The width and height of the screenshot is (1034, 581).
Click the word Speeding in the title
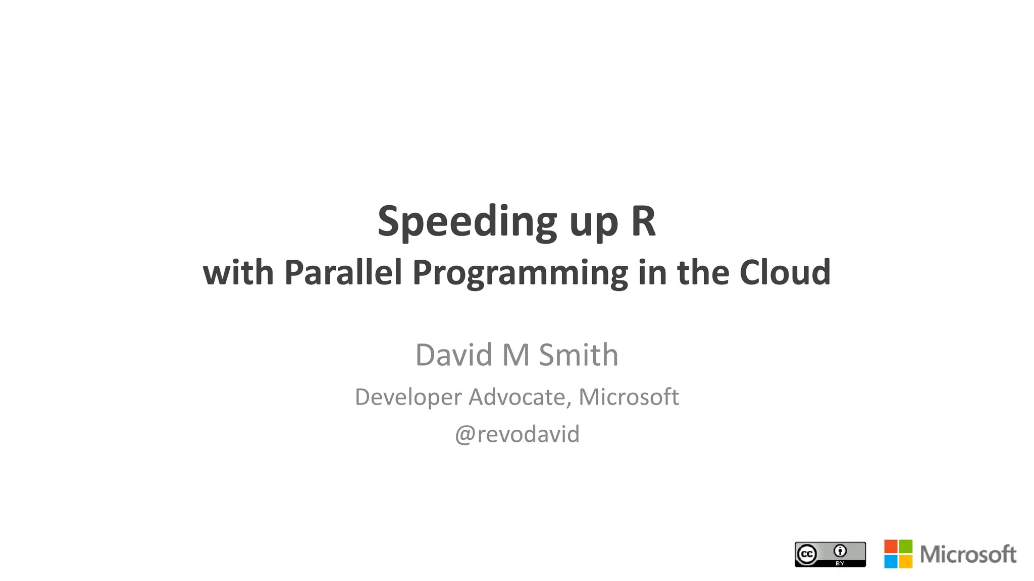[x=467, y=222]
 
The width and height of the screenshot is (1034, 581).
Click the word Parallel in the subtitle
[x=343, y=272]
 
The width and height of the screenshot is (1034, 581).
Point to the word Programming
[x=520, y=273]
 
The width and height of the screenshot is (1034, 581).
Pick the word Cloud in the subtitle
[x=785, y=272]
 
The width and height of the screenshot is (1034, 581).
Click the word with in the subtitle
[x=238, y=272]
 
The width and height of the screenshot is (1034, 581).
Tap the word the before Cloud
[x=703, y=272]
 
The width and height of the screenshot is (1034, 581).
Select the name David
[x=453, y=355]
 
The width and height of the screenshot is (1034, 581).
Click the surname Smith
[x=578, y=355]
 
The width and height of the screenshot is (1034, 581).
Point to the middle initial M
[x=515, y=355]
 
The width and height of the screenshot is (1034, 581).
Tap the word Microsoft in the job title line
[x=629, y=397]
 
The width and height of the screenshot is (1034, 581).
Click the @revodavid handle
[x=517, y=434]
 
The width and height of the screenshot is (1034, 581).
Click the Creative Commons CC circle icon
[x=807, y=554]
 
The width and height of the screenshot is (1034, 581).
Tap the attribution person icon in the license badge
[x=840, y=551]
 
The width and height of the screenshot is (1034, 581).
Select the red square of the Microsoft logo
[x=891, y=547]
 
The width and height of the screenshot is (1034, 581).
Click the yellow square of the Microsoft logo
[x=906, y=561]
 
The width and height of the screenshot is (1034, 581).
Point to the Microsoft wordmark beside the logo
[x=968, y=554]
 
